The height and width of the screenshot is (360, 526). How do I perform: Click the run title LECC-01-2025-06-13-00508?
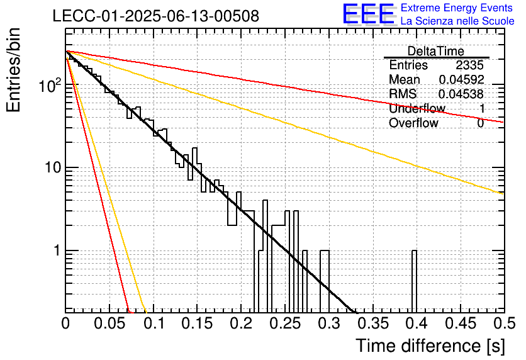click(155, 16)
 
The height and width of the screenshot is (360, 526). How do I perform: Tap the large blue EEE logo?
click(369, 14)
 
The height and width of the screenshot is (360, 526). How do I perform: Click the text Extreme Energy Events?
click(457, 8)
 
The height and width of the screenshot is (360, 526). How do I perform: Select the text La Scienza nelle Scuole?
click(457, 21)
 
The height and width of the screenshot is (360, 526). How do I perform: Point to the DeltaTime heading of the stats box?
click(436, 51)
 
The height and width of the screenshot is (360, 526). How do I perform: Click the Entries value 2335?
click(469, 65)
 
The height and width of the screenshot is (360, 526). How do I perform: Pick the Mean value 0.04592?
click(461, 79)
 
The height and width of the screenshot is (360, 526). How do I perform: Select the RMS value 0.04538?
click(461, 94)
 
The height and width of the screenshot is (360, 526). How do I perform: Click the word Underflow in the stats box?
click(417, 108)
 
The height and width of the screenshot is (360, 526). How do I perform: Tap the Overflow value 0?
click(480, 123)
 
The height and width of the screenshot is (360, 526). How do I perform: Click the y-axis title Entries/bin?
click(13, 70)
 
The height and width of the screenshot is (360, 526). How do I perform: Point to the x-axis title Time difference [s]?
click(430, 346)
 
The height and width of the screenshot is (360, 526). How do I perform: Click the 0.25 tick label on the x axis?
click(285, 323)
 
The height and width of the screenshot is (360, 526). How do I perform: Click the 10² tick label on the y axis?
click(49, 85)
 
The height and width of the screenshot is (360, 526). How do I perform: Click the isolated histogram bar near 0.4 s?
click(414, 281)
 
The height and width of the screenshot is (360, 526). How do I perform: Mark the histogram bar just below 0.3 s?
click(325, 281)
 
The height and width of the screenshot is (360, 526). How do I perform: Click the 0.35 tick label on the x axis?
click(373, 323)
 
